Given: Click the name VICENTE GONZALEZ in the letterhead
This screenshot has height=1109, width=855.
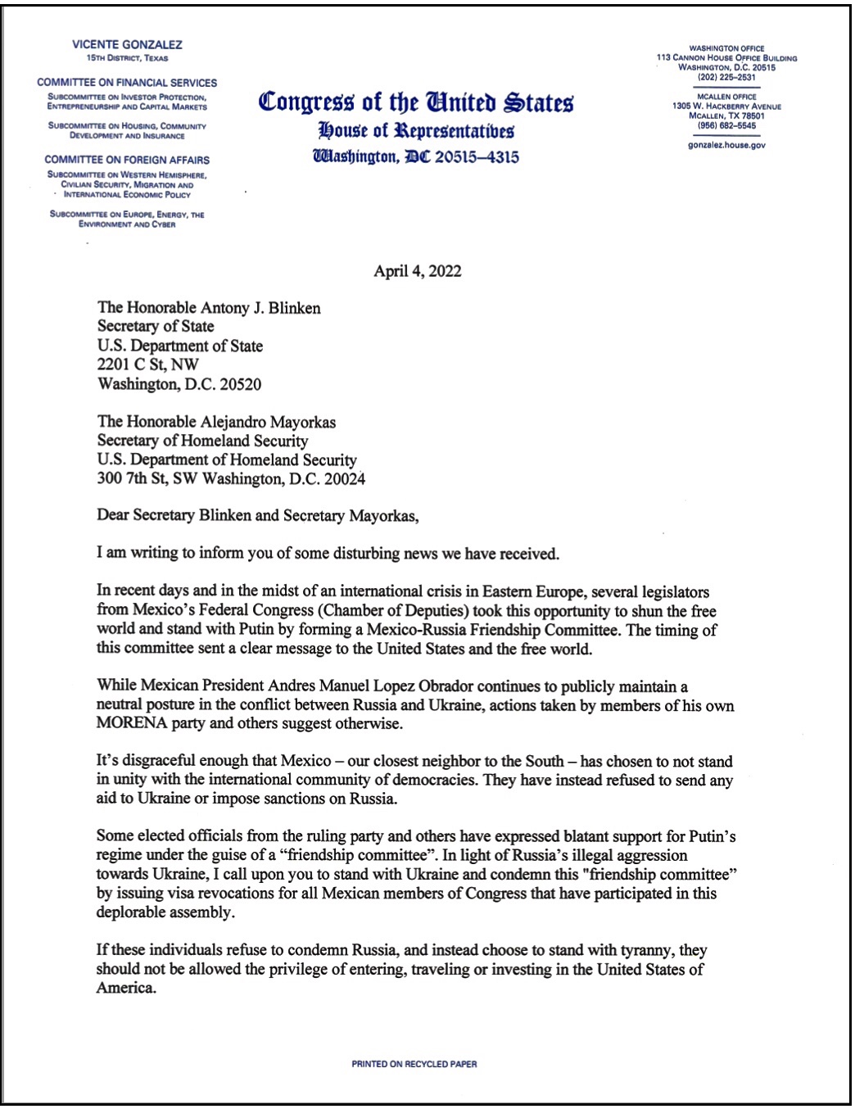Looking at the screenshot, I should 127,45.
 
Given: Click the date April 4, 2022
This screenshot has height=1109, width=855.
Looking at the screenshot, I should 418,271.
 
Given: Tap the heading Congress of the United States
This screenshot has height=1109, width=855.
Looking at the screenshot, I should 416,102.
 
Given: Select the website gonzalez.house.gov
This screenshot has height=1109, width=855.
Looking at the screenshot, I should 726,145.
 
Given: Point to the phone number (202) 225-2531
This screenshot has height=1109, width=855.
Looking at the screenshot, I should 726,78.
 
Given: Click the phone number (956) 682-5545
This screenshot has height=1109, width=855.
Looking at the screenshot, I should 726,125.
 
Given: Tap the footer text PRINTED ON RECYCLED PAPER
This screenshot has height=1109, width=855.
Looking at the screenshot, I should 414,1064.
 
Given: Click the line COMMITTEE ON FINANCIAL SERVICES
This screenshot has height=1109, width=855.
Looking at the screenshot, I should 127,83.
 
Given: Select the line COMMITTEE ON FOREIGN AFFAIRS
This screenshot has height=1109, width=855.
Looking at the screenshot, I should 127,160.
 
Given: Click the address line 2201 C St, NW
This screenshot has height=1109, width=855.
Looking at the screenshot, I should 148,364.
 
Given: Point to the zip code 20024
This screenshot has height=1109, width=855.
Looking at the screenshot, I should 345,479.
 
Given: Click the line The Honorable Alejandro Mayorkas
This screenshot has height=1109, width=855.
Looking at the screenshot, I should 216,422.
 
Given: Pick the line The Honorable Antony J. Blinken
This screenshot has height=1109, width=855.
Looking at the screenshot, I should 209,308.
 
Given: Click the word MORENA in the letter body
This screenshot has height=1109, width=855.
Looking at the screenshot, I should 131,724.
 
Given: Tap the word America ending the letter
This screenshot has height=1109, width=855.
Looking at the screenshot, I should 126,988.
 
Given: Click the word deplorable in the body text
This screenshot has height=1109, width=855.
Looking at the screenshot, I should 133,912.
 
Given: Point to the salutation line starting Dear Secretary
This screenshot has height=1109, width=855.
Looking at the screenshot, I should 257,516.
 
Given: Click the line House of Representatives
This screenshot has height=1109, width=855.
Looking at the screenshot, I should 416,131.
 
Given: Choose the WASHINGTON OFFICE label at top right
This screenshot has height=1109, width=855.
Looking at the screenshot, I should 726,48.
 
